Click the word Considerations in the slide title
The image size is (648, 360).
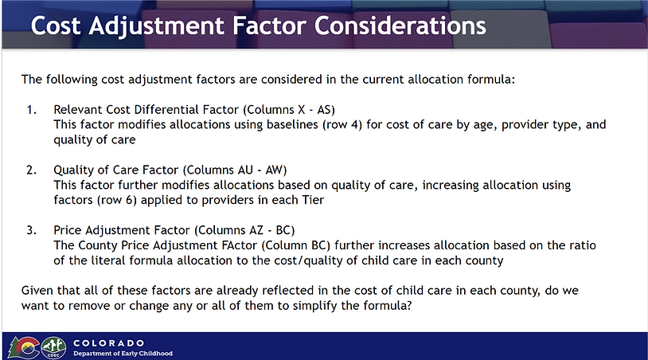pos(400,25)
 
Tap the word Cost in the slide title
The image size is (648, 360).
pos(56,25)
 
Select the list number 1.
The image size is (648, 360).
pos(31,110)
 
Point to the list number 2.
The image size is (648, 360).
pos(31,170)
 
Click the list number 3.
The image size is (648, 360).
pos(31,230)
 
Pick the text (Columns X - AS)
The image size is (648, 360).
pos(289,110)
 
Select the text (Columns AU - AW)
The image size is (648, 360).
pos(235,170)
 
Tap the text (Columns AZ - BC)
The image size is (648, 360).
pos(244,230)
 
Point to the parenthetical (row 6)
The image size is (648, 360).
pos(116,200)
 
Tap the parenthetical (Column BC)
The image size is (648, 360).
pos(296,245)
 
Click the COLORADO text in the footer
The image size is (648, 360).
pos(109,343)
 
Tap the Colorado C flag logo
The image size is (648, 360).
pos(24,347)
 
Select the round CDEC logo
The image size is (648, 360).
pos(53,347)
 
